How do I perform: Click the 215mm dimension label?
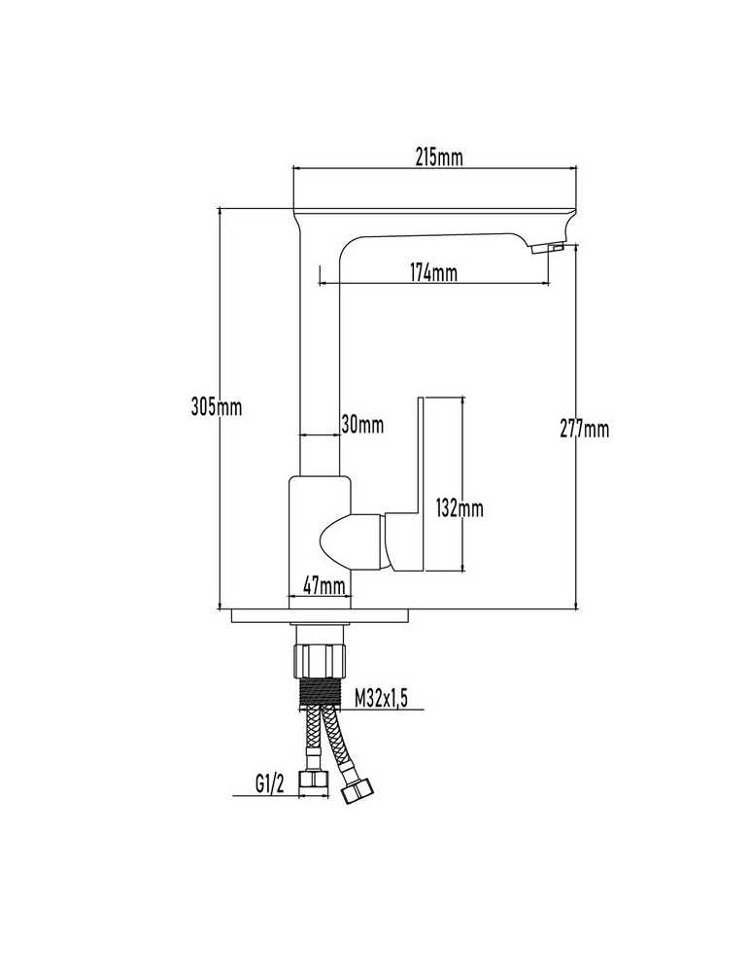[439, 157]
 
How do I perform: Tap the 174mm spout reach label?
[433, 272]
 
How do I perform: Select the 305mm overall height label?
[217, 407]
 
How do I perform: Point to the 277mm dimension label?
[584, 429]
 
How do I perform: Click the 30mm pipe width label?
[362, 425]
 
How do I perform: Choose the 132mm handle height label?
[460, 508]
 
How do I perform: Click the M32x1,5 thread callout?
[382, 698]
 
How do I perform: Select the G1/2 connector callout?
[269, 784]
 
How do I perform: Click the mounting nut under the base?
[320, 661]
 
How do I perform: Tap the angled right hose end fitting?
[357, 789]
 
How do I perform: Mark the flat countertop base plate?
[320, 616]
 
